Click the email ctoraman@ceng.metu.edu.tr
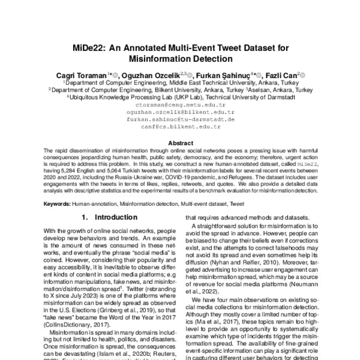(180, 104)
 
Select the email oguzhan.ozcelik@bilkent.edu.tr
(180, 112)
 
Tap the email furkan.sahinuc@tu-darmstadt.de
(180, 119)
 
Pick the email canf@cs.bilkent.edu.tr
(180, 127)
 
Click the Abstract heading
(180, 143)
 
